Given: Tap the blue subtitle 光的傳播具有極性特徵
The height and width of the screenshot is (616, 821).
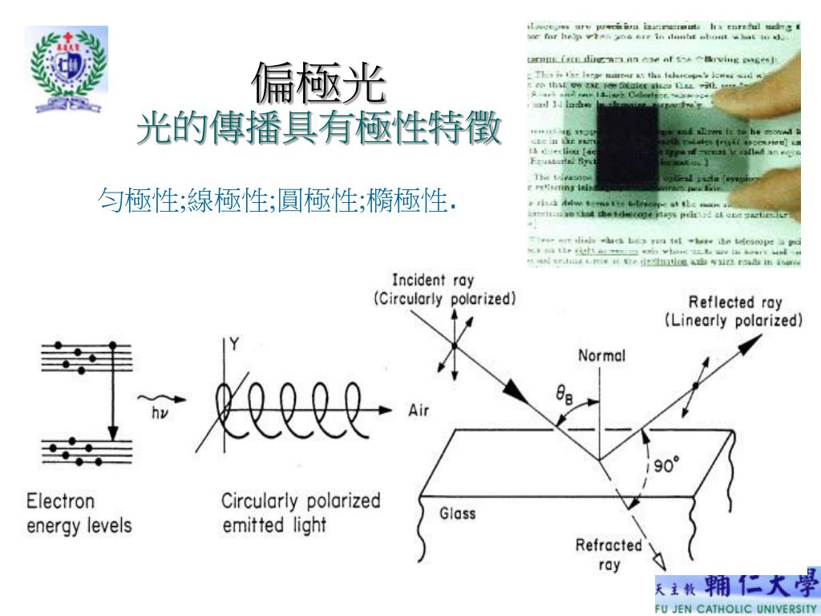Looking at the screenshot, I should pyautogui.click(x=319, y=128).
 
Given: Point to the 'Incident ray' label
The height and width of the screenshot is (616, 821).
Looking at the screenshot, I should pyautogui.click(x=433, y=281).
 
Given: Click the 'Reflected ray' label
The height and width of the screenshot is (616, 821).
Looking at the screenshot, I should pyautogui.click(x=736, y=302).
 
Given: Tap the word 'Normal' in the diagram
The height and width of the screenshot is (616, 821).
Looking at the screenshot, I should pyautogui.click(x=602, y=356).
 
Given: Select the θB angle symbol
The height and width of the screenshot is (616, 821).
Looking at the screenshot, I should pyautogui.click(x=564, y=395).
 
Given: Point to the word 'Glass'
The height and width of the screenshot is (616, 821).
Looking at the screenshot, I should pyautogui.click(x=458, y=513).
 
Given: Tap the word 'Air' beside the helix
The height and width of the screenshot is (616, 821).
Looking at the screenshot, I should pyautogui.click(x=420, y=411).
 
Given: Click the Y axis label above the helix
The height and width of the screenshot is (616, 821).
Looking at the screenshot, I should pyautogui.click(x=234, y=345).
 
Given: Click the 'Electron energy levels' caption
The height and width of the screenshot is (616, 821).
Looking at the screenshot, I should pyautogui.click(x=79, y=514).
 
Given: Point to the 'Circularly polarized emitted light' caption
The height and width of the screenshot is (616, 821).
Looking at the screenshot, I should pyautogui.click(x=301, y=514).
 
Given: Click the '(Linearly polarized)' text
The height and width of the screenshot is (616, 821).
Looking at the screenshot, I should pyautogui.click(x=733, y=321).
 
